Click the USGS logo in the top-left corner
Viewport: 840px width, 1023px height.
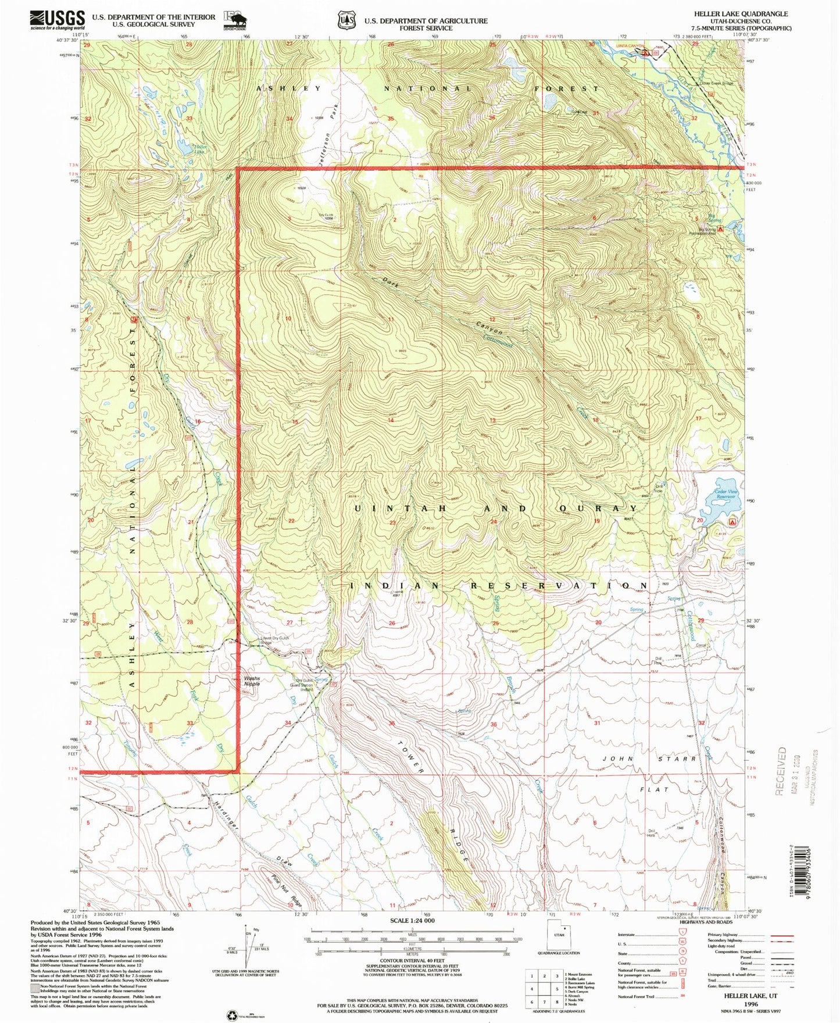coord(57,20)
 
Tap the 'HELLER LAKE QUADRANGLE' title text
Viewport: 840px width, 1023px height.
coord(741,13)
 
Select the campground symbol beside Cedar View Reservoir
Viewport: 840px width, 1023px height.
coord(732,522)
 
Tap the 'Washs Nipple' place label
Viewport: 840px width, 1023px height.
coord(252,681)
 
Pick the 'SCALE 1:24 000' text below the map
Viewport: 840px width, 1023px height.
coord(411,921)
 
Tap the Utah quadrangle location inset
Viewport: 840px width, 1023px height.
coord(559,938)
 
